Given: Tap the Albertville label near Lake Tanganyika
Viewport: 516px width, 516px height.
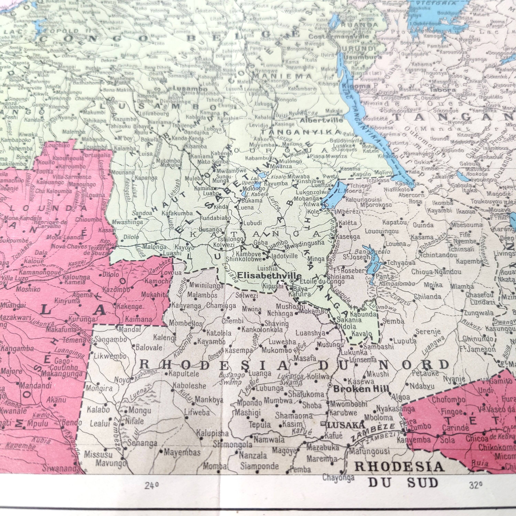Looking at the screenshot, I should pos(321,120).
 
